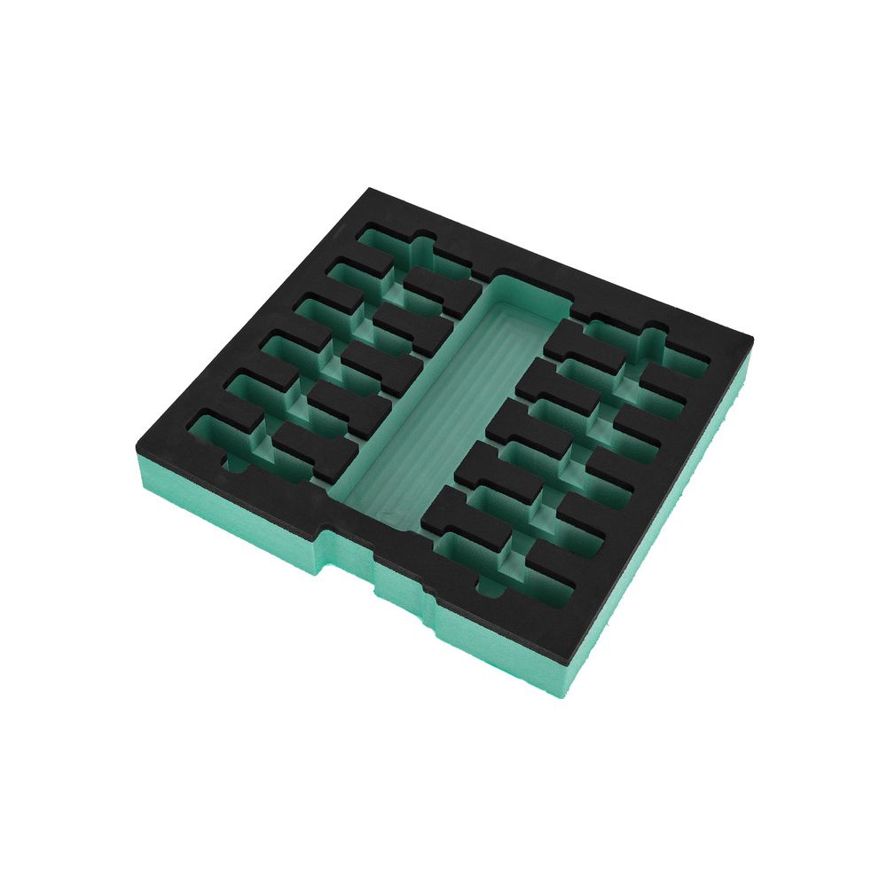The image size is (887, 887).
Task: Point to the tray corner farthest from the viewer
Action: pos(371,190)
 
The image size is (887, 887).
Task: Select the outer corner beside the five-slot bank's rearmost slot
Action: pos(750,340)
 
